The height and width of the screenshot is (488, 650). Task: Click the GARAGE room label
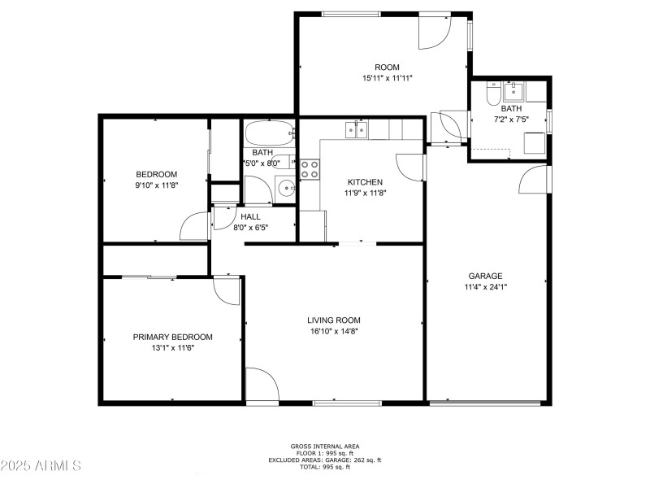(485, 276)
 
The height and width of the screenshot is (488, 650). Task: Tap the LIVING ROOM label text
(333, 320)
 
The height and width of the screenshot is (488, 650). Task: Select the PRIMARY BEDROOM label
(172, 337)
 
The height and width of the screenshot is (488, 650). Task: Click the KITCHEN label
(365, 182)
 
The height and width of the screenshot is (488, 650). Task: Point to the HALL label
(250, 216)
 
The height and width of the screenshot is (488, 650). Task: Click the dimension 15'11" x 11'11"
(387, 78)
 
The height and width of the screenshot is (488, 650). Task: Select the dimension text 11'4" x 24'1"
(485, 286)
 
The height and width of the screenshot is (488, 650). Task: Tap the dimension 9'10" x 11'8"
(156, 185)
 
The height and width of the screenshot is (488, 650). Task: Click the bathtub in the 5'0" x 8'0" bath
(269, 133)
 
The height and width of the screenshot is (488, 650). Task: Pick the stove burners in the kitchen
(310, 168)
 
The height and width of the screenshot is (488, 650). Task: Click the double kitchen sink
(356, 129)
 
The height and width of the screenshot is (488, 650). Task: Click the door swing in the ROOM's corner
(434, 31)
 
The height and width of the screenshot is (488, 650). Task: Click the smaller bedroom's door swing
(196, 227)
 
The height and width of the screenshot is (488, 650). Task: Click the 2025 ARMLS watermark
(41, 466)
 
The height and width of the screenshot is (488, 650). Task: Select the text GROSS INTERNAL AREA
(325, 446)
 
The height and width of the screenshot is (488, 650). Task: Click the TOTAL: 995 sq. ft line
(325, 467)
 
